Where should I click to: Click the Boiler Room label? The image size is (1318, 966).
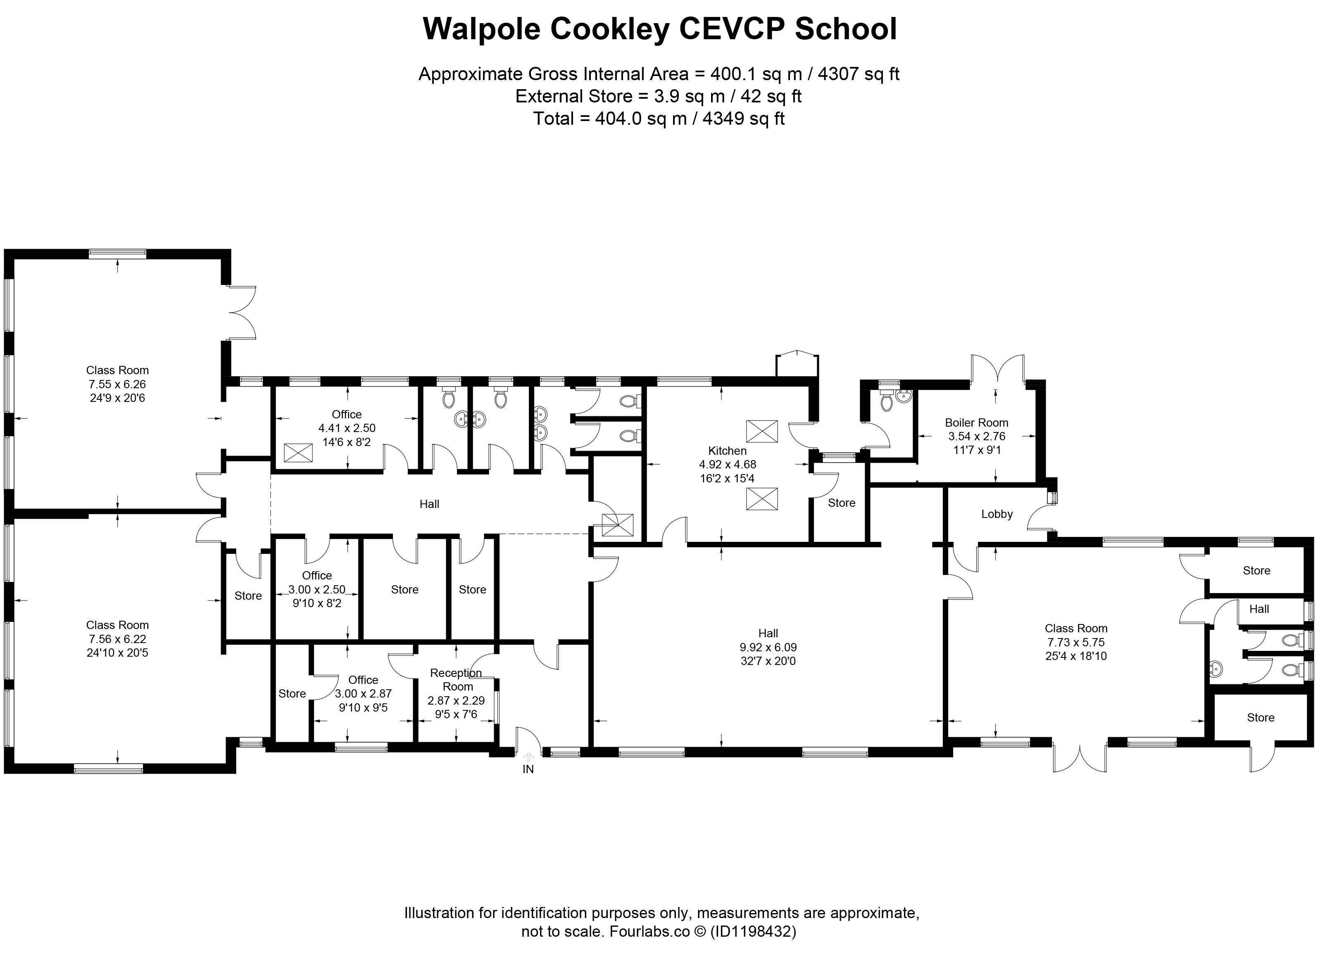976,422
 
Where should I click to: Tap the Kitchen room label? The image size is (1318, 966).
727,450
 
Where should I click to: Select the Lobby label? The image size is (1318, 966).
997,514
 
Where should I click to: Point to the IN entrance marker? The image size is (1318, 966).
528,769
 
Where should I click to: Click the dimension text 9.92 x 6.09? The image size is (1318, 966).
768,647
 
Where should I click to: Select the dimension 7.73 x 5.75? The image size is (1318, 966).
1076,642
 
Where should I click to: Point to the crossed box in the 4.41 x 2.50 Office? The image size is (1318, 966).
298,453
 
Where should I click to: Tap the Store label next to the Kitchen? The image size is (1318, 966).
841,503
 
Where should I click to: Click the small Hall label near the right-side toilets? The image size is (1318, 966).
1259,609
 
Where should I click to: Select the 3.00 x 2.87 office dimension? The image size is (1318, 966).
363,693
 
